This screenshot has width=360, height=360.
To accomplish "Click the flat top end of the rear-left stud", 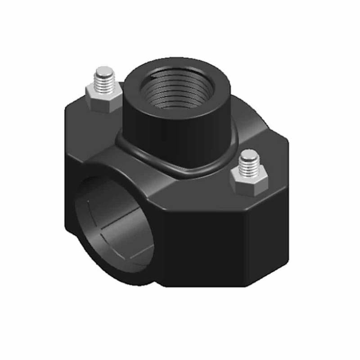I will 105,71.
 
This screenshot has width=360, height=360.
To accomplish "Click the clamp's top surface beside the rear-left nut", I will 81,112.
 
